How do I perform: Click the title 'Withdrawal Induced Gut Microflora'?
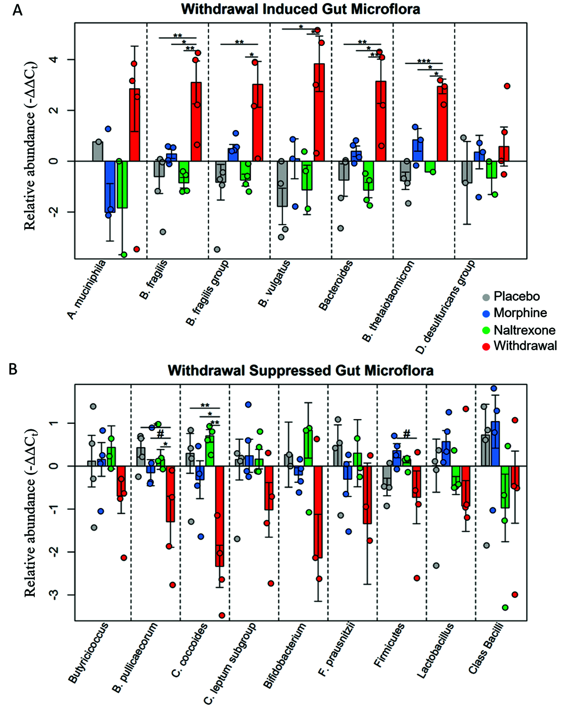click(x=300, y=9)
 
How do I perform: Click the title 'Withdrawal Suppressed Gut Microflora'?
click(x=300, y=370)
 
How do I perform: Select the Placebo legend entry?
click(x=516, y=297)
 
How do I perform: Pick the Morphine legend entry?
click(x=520, y=313)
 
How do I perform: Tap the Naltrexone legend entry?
click(x=524, y=330)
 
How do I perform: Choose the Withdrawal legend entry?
click(x=525, y=346)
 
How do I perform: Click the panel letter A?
click(x=17, y=10)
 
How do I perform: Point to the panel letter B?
click(x=13, y=369)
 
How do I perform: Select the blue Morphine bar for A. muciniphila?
click(x=110, y=186)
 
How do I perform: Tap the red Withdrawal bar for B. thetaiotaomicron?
click(x=442, y=124)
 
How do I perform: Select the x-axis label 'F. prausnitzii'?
click(x=336, y=650)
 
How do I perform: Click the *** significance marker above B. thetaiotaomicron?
click(x=424, y=61)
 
